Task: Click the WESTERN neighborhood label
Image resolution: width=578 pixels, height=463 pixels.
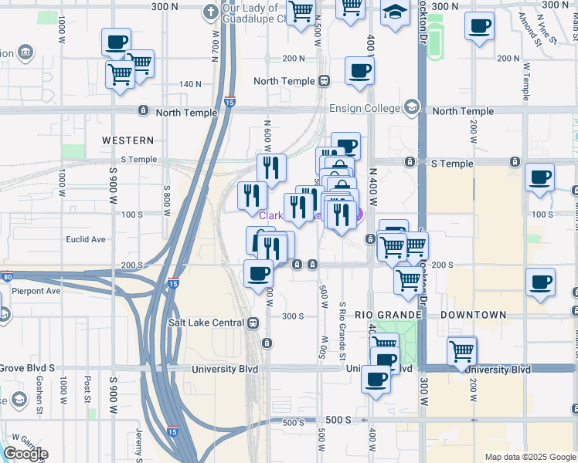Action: pyautogui.click(x=128, y=140)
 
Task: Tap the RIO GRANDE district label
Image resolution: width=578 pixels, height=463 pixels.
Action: pyautogui.click(x=388, y=315)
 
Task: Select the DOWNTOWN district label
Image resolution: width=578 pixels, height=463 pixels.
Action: pyautogui.click(x=473, y=315)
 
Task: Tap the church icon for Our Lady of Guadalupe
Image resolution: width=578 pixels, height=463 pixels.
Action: pyautogui.click(x=210, y=11)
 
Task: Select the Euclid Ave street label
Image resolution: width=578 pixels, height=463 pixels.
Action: pyautogui.click(x=87, y=239)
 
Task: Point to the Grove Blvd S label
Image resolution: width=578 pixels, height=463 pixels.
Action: pyautogui.click(x=28, y=368)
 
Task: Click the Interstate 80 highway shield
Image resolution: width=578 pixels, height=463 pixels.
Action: pyautogui.click(x=7, y=275)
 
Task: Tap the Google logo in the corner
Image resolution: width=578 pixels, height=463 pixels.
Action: pyautogui.click(x=25, y=454)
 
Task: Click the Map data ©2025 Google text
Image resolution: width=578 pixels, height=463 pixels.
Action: pyautogui.click(x=530, y=457)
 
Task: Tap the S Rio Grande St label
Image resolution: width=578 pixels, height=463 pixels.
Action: pyautogui.click(x=342, y=324)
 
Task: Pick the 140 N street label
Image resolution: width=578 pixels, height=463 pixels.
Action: pyautogui.click(x=189, y=84)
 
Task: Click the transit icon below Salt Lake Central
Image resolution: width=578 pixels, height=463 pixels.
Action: pyautogui.click(x=267, y=342)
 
